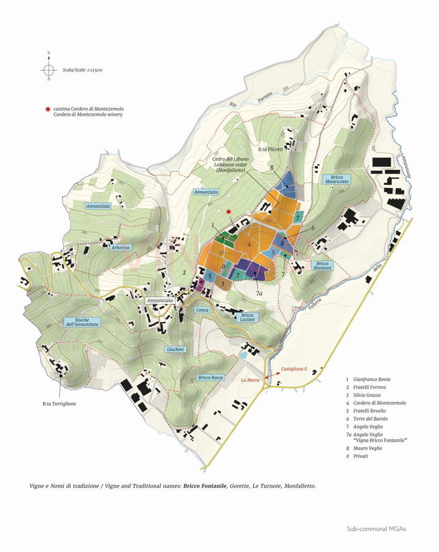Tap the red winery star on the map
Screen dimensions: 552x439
tap(230, 211)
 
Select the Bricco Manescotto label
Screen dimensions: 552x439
tap(337, 179)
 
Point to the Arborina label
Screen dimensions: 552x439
tap(120, 247)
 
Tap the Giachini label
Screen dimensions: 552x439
tap(176, 350)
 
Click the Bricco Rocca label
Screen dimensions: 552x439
tap(210, 377)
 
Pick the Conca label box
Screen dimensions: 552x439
tap(202, 309)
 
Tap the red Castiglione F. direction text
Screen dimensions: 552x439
tap(295, 368)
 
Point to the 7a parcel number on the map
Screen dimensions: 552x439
tap(260, 292)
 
